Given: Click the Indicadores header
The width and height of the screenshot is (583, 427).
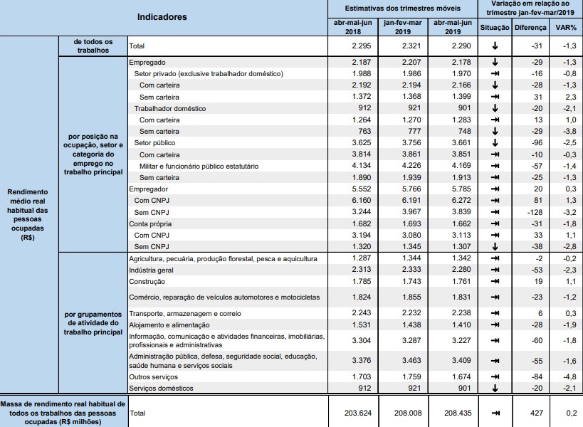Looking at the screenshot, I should (x=162, y=16).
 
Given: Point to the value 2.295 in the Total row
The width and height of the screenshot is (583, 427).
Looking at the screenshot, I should (x=352, y=46).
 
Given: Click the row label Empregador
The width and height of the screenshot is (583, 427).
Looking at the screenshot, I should (x=148, y=190).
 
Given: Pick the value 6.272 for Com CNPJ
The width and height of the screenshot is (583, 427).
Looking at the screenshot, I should (x=452, y=201).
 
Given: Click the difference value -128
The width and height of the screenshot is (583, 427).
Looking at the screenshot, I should (x=535, y=212).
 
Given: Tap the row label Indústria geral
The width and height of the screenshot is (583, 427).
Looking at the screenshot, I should (x=152, y=270).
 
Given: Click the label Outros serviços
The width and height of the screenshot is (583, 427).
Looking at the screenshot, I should (x=153, y=376).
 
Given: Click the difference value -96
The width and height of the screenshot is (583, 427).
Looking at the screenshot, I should (x=537, y=143).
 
